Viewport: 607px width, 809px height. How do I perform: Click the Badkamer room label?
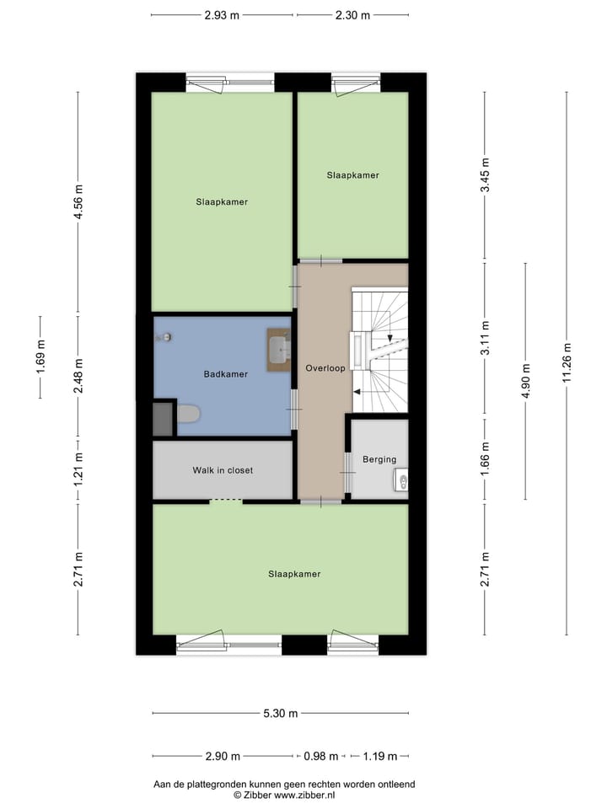(x=225, y=374)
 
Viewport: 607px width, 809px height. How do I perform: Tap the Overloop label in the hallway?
(x=325, y=368)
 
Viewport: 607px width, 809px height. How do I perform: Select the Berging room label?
(x=379, y=459)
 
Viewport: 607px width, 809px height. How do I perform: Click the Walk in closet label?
(x=223, y=470)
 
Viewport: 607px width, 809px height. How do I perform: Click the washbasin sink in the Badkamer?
(x=279, y=349)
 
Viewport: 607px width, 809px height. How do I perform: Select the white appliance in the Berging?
(x=401, y=481)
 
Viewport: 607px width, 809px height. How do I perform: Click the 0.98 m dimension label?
(x=321, y=756)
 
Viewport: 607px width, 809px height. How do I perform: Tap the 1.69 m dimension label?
(x=40, y=356)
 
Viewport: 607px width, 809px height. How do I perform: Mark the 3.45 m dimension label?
(x=485, y=176)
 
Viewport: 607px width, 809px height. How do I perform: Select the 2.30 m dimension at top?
(x=352, y=14)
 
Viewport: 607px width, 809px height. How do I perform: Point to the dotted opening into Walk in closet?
(x=225, y=501)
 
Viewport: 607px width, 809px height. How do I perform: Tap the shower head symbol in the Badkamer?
(x=165, y=337)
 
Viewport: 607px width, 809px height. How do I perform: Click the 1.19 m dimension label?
(x=379, y=756)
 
